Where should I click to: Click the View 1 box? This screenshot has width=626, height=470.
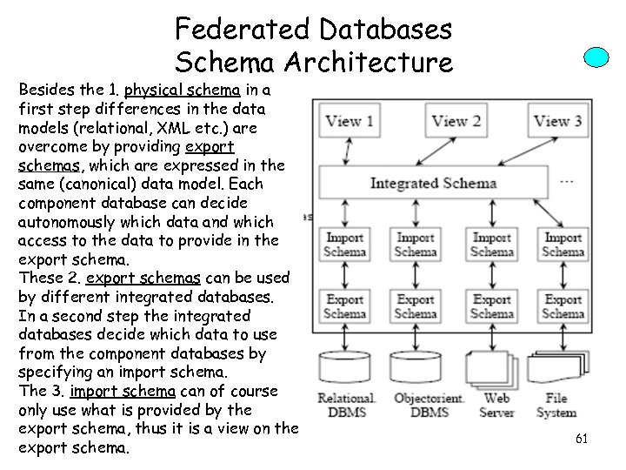pyautogui.click(x=346, y=122)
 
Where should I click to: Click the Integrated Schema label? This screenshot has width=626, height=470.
pyautogui.click(x=433, y=183)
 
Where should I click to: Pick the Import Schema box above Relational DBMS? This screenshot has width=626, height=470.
pyautogui.click(x=345, y=245)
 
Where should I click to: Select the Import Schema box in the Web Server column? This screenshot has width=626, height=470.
pyautogui.click(x=491, y=245)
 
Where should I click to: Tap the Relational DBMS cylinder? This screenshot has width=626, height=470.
pyautogui.click(x=345, y=370)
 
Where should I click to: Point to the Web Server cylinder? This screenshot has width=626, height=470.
pyautogui.click(x=491, y=370)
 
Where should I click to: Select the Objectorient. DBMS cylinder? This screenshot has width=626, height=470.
pyautogui.click(x=416, y=370)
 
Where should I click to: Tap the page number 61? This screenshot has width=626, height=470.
pyautogui.click(x=582, y=440)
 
